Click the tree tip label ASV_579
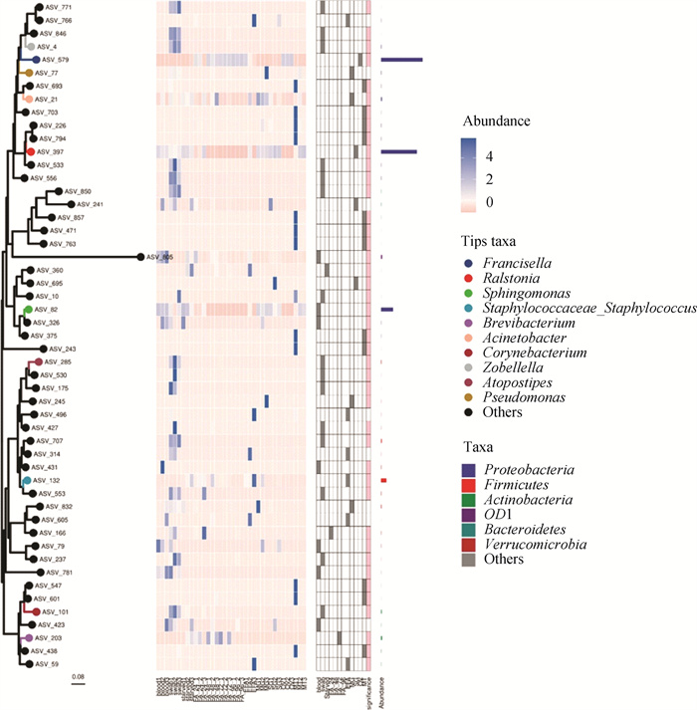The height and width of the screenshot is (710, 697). tap(54, 61)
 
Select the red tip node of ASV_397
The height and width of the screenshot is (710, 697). tap(30, 151)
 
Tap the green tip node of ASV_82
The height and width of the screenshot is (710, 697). tap(27, 311)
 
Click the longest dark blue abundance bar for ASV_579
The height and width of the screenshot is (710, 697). tap(402, 61)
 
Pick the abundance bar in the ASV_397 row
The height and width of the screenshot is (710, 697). tap(398, 151)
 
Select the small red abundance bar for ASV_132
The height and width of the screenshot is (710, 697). tap(383, 481)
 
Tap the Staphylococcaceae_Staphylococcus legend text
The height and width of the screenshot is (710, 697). tap(591, 310)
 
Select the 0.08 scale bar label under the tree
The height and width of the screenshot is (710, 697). tap(77, 677)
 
